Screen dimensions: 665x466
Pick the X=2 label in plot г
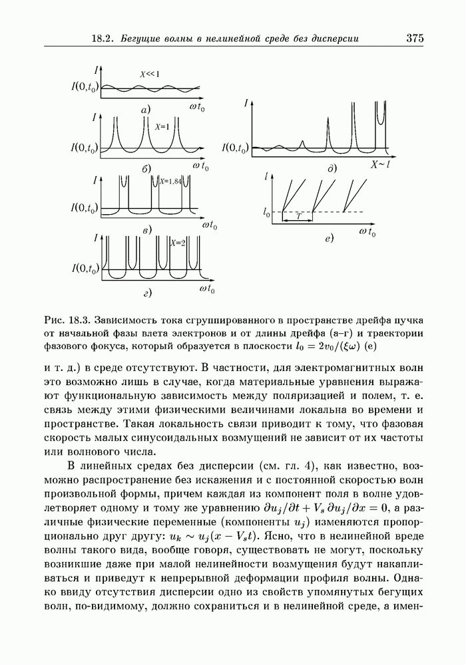point(178,242)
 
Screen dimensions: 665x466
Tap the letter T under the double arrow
point(299,216)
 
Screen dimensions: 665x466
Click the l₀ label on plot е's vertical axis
point(266,213)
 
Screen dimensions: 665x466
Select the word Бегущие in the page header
point(144,39)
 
